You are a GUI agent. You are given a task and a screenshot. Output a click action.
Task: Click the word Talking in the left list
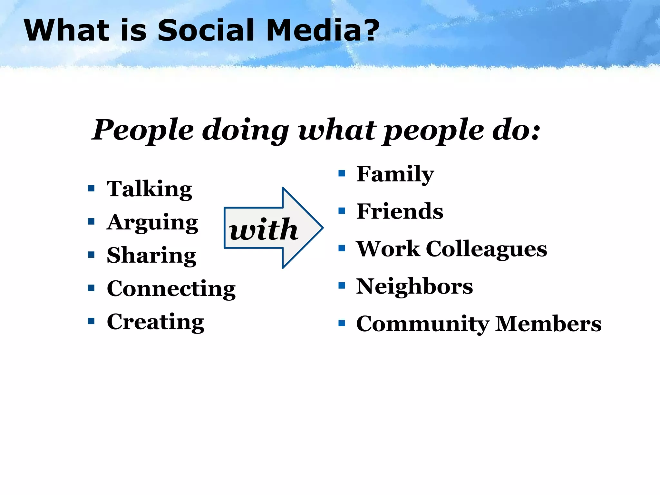pos(149,189)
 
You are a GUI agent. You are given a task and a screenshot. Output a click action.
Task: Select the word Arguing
pos(152,223)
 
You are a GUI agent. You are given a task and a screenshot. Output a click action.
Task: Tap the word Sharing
pos(151,256)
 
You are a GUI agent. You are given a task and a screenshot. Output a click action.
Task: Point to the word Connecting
pos(171,289)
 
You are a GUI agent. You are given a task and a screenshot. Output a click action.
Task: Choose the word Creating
pos(155,322)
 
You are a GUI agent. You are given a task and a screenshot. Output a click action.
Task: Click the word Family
pos(395,174)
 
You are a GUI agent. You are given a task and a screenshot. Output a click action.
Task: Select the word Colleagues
pos(486,249)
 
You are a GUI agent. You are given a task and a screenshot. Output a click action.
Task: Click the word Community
pos(422,324)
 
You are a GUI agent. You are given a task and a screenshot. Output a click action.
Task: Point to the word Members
pos(548,324)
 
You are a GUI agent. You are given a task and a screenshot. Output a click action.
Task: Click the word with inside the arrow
pos(264,229)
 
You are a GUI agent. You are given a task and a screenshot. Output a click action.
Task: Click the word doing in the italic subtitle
pos(245,130)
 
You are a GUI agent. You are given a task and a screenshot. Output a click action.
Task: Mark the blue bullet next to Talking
pos(91,188)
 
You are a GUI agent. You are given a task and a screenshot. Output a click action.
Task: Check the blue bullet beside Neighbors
pos(342,286)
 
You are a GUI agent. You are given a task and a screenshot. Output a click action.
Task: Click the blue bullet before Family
pos(342,174)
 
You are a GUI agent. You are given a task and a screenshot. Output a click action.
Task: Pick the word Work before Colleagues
pos(388,249)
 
